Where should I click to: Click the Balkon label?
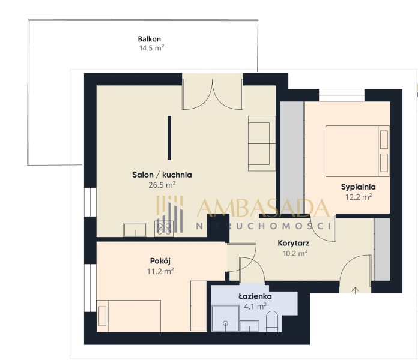pyautogui.click(x=150, y=39)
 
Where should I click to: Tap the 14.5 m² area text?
pyautogui.click(x=151, y=48)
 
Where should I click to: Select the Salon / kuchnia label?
pyautogui.click(x=162, y=175)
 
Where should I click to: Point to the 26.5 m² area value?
pyautogui.click(x=162, y=185)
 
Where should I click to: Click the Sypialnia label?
pyautogui.click(x=359, y=187)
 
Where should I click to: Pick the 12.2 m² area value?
pyautogui.click(x=359, y=197)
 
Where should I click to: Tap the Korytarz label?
pyautogui.click(x=294, y=243)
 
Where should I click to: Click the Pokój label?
pyautogui.click(x=160, y=261)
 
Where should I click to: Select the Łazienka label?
pyautogui.click(x=255, y=296)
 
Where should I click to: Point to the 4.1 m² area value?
pyautogui.click(x=255, y=307)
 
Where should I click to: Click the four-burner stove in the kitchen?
pyautogui.click(x=164, y=229)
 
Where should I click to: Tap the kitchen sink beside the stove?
pyautogui.click(x=135, y=230)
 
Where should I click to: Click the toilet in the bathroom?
pyautogui.click(x=272, y=322)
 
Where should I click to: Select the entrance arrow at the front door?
pyautogui.click(x=356, y=290)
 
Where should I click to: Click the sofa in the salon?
pyautogui.click(x=262, y=143)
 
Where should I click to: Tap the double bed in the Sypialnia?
pyautogui.click(x=357, y=151)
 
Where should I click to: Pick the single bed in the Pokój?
pyautogui.click(x=129, y=316)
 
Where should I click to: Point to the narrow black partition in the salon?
pyautogui.click(x=169, y=138)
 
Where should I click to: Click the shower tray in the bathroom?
pyautogui.click(x=226, y=319)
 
